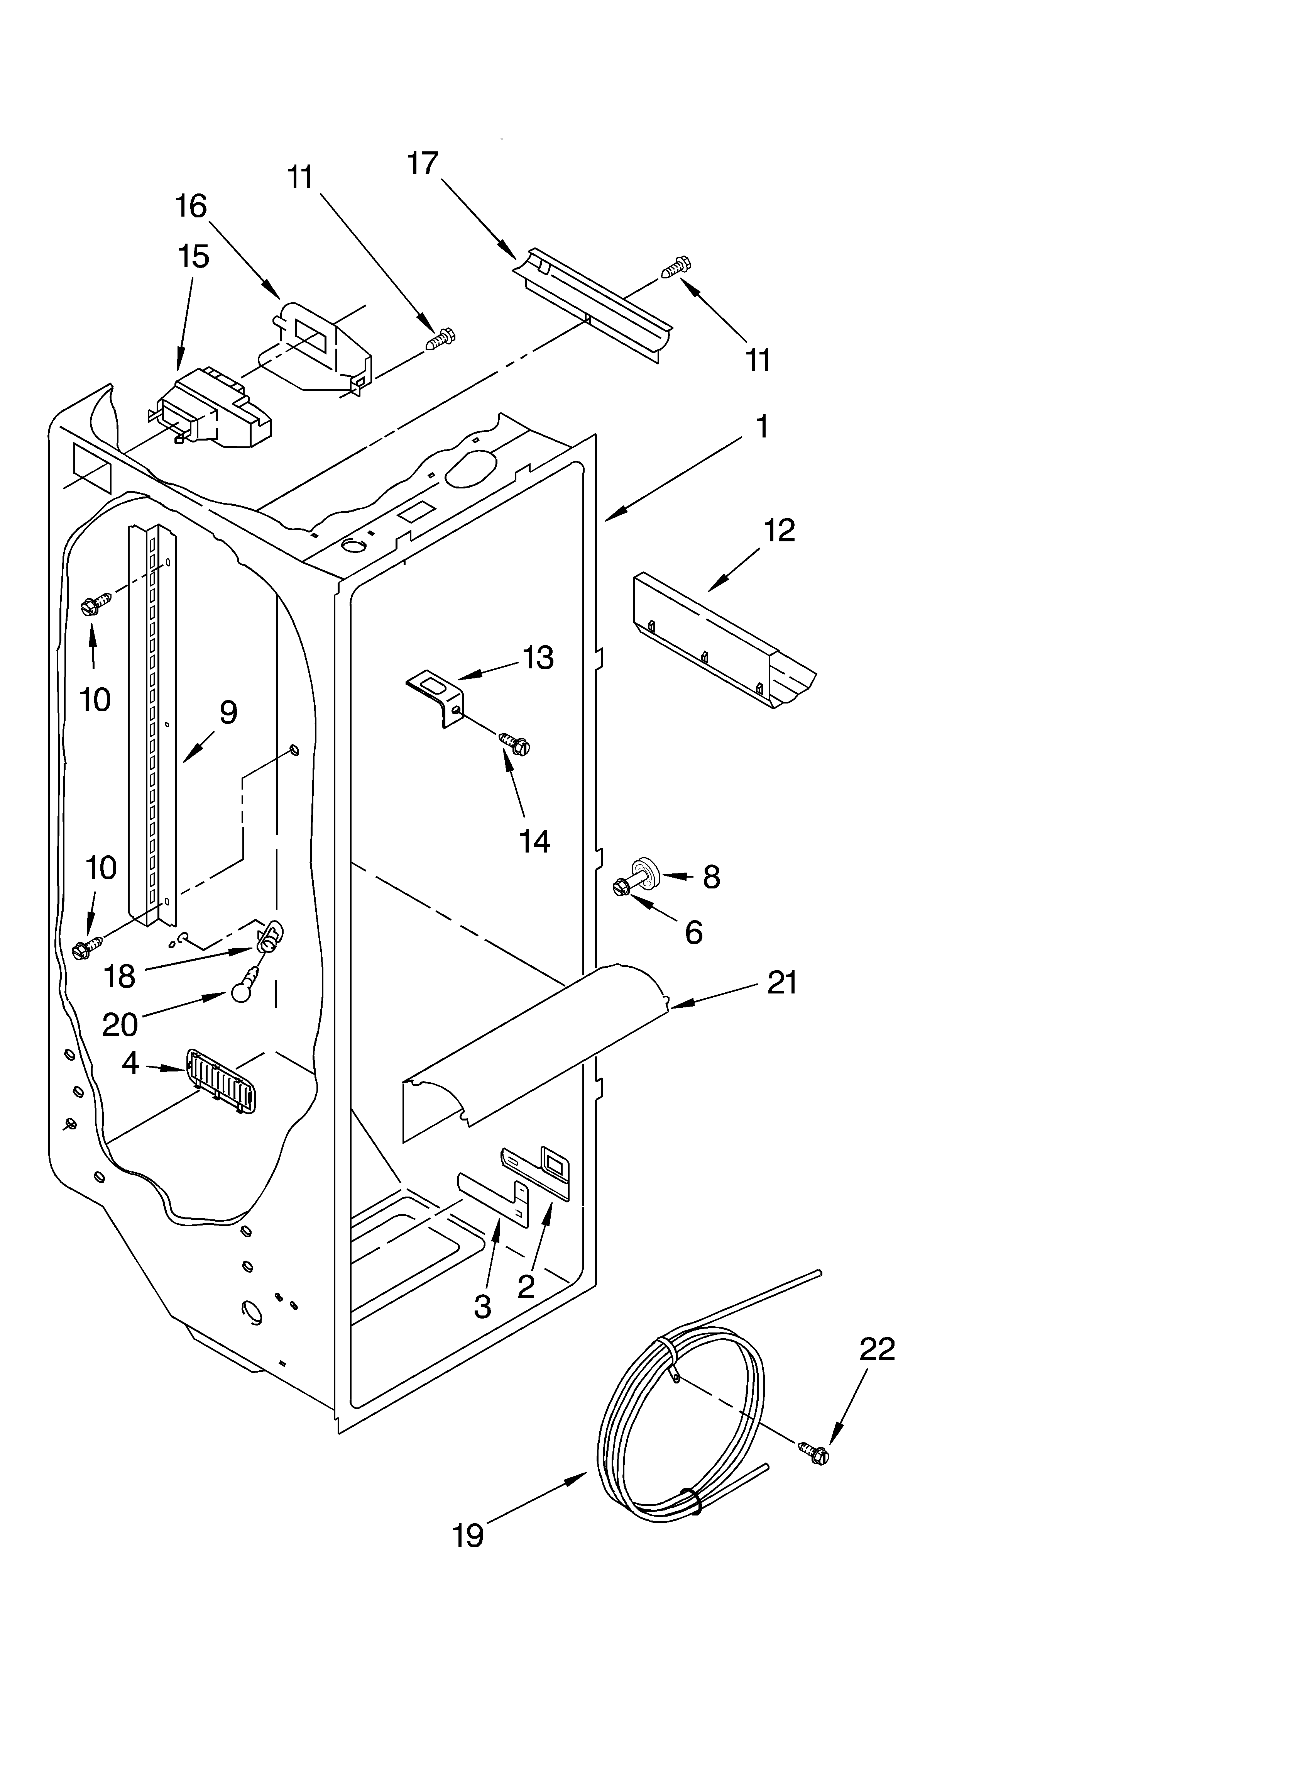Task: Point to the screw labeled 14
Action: [x=516, y=743]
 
